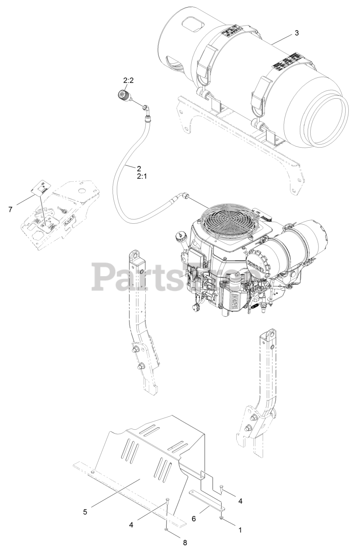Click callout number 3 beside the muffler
coord(296,33)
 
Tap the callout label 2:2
coord(129,81)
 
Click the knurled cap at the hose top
coord(122,95)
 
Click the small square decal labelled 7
coord(40,187)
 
